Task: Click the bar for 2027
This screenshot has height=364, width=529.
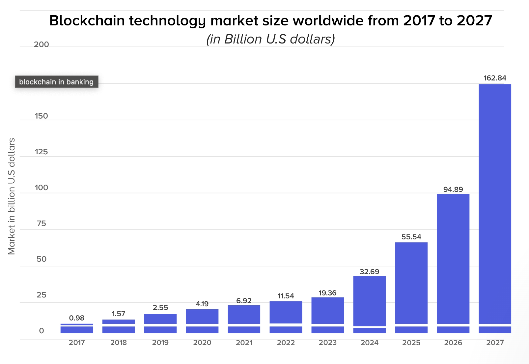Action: click(x=495, y=204)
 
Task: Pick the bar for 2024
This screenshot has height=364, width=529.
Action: click(x=369, y=300)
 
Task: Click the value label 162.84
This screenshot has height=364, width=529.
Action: click(x=495, y=78)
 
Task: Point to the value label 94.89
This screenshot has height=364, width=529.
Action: click(x=453, y=189)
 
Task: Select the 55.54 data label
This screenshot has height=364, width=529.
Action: click(x=411, y=237)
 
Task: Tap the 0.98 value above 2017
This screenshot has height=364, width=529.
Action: click(x=77, y=318)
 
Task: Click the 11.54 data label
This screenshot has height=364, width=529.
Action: click(x=286, y=296)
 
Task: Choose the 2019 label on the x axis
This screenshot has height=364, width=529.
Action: click(x=160, y=343)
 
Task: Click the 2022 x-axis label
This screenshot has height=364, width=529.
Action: click(x=286, y=343)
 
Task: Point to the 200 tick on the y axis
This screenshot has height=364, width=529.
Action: click(x=42, y=45)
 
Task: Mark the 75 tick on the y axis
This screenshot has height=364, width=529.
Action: click(x=42, y=224)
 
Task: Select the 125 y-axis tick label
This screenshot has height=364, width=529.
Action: click(x=42, y=152)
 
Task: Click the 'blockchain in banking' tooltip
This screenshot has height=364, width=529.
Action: click(x=56, y=82)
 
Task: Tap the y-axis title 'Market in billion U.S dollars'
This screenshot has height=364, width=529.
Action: click(x=12, y=196)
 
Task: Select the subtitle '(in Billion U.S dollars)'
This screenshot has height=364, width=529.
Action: click(x=270, y=39)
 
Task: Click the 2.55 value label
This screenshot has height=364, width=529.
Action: click(x=160, y=308)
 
